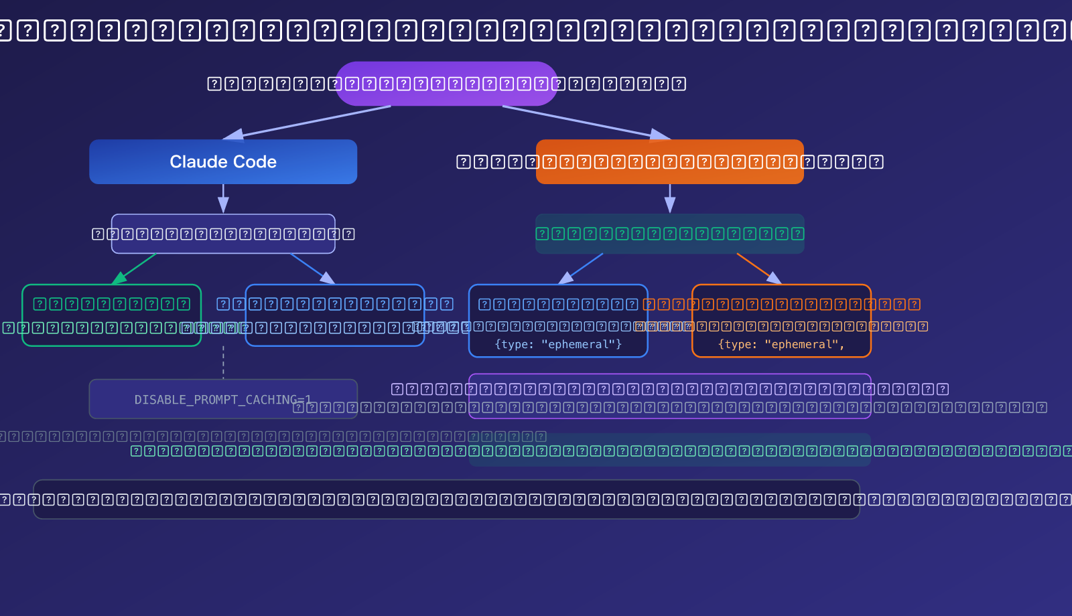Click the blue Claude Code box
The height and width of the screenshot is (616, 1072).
pyautogui.click(x=223, y=161)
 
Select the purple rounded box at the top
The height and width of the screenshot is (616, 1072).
pyautogui.click(x=446, y=84)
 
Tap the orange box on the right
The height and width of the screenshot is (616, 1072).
pyautogui.click(x=670, y=161)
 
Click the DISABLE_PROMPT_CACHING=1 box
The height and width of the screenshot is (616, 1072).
pyautogui.click(x=223, y=399)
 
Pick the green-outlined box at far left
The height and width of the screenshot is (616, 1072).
pyautogui.click(x=111, y=315)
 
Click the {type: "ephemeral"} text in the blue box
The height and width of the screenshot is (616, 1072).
pyautogui.click(x=558, y=344)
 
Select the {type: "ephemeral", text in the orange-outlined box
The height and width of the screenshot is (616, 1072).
pyautogui.click(x=781, y=344)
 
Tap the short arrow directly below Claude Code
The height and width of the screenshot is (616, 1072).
pyautogui.click(x=223, y=198)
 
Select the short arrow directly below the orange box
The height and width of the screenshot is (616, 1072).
pyautogui.click(x=670, y=198)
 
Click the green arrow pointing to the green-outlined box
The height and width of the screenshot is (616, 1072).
pyautogui.click(x=134, y=268)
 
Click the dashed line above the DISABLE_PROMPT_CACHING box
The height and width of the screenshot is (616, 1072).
pyautogui.click(x=223, y=362)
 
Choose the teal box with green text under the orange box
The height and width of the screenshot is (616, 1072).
pyautogui.click(x=670, y=234)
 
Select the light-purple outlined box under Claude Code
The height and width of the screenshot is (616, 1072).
pyautogui.click(x=223, y=234)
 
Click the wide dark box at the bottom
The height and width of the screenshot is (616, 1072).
pyautogui.click(x=446, y=499)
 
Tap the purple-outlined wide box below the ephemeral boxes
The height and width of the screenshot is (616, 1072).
pyautogui.click(x=670, y=396)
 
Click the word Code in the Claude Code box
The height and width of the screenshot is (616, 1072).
pyautogui.click(x=255, y=161)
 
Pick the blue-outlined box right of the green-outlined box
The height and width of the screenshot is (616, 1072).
pyautogui.click(x=335, y=315)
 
